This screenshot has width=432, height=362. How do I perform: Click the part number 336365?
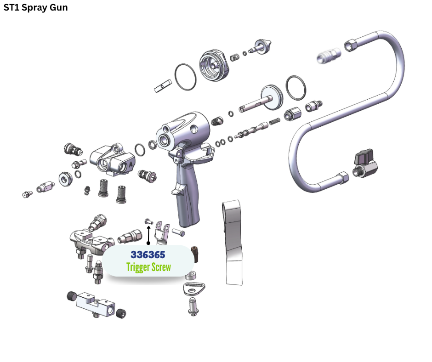[x=148, y=254]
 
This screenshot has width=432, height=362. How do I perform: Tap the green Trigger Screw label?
[x=148, y=267]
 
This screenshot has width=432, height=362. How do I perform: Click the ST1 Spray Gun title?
[x=36, y=8]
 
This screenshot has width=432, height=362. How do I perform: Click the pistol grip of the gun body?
[x=188, y=202]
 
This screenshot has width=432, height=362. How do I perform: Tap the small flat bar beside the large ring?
[x=163, y=85]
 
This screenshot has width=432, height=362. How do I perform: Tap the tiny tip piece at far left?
[x=27, y=194]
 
